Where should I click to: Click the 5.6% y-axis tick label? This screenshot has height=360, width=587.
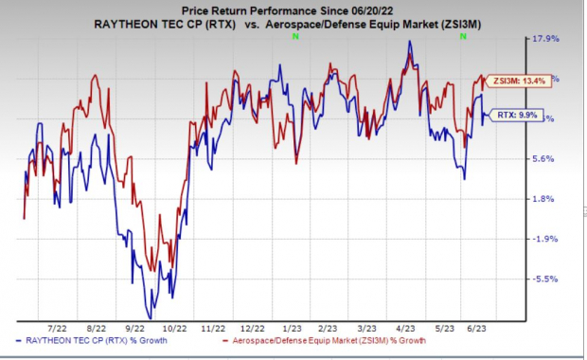coord(546,159)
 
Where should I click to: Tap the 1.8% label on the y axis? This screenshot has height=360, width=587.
coord(546,199)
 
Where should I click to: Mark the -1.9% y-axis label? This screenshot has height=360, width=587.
coord(546,240)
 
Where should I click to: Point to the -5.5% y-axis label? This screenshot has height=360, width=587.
coord(546,279)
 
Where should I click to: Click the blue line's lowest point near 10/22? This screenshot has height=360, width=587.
coord(151,317)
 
